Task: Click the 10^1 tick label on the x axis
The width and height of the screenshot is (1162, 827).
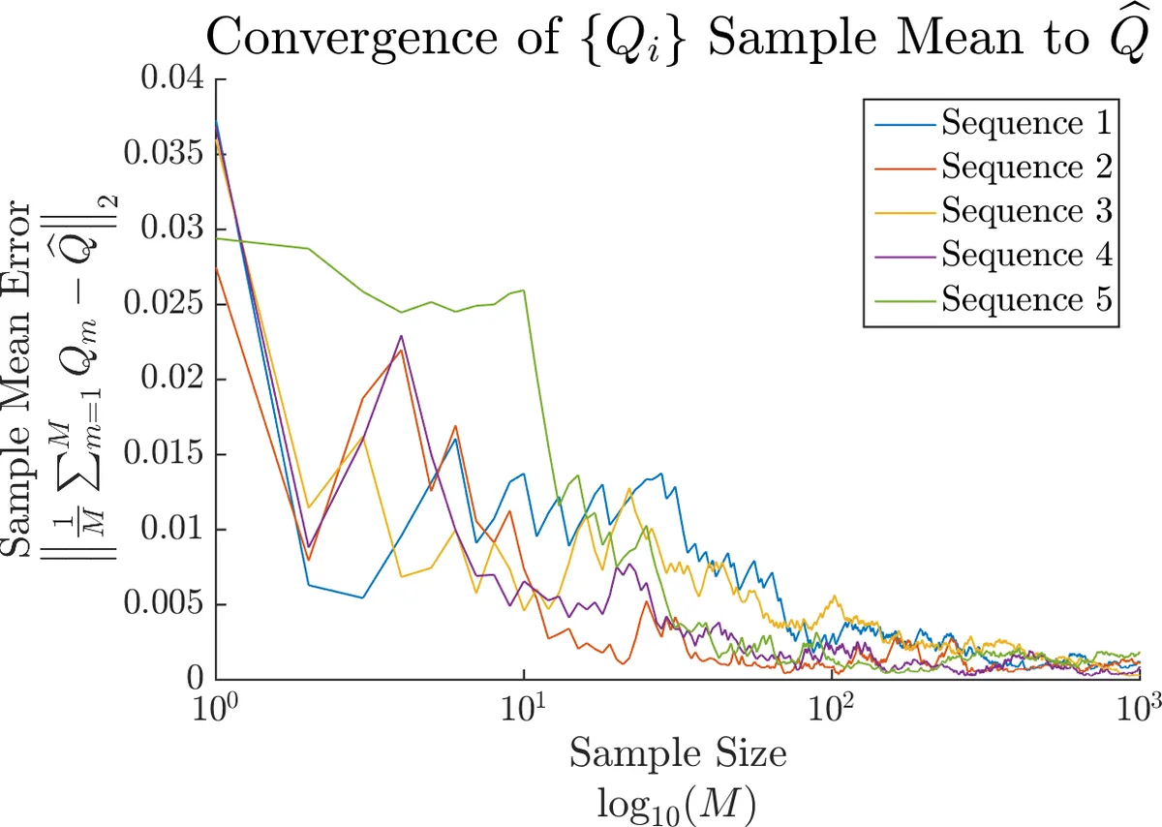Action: click(x=524, y=704)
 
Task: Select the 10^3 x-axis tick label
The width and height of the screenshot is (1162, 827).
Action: click(x=1139, y=704)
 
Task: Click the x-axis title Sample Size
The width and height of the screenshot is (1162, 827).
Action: click(x=678, y=753)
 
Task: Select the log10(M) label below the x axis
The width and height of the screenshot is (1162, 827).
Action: click(x=678, y=802)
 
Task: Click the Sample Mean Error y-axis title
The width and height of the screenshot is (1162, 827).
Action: click(x=24, y=378)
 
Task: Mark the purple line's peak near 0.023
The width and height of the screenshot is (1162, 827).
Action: click(x=400, y=336)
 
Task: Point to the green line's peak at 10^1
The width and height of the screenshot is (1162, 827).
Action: click(x=524, y=290)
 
